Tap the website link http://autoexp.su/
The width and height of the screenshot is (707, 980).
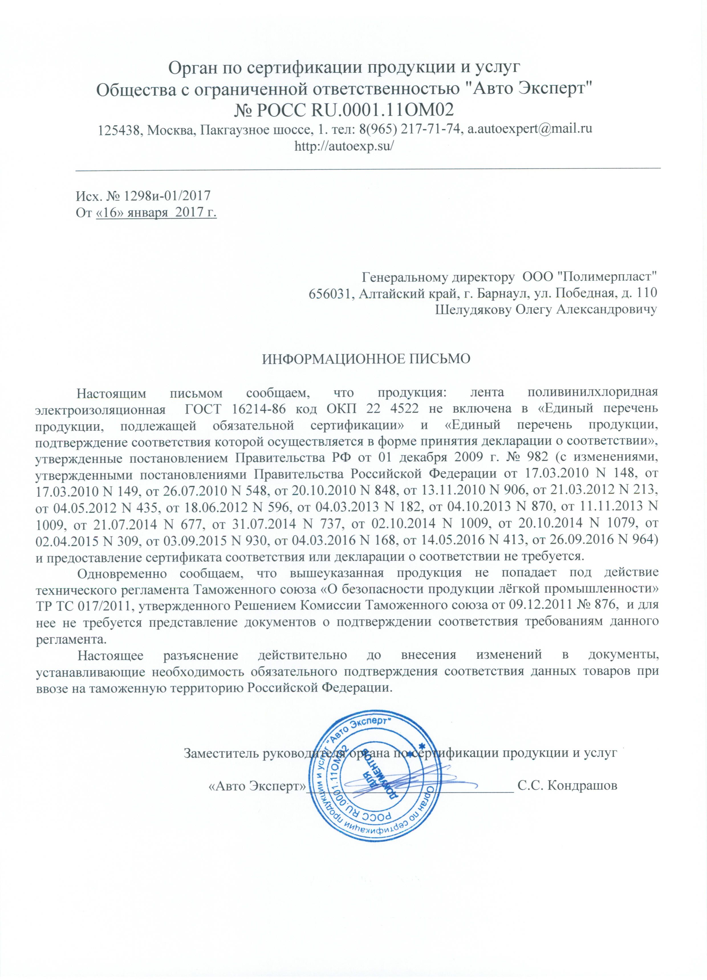pyautogui.click(x=344, y=146)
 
